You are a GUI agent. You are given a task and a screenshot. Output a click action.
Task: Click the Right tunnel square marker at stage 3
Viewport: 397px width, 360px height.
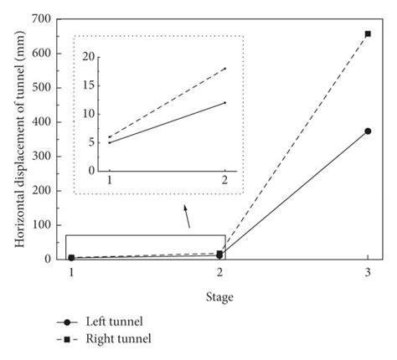[368, 34]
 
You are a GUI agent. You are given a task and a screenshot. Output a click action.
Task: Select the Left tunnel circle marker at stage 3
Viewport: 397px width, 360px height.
[368, 131]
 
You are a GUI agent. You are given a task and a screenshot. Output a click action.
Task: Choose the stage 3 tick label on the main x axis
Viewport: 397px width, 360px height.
[368, 273]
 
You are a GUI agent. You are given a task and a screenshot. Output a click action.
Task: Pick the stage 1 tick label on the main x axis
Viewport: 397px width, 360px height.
[71, 273]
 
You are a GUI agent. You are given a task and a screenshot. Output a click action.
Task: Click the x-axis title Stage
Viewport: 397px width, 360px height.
[219, 296]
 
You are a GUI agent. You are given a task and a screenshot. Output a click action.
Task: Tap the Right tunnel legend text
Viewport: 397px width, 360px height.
[116, 339]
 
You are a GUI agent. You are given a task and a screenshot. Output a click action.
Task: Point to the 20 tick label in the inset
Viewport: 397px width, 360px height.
[92, 58]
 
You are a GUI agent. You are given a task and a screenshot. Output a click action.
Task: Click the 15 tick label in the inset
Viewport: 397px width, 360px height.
[92, 86]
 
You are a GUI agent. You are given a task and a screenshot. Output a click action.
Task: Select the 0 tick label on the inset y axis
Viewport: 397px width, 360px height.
[95, 170]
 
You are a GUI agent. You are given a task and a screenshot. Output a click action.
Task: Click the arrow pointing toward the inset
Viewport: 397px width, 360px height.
[187, 217]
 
